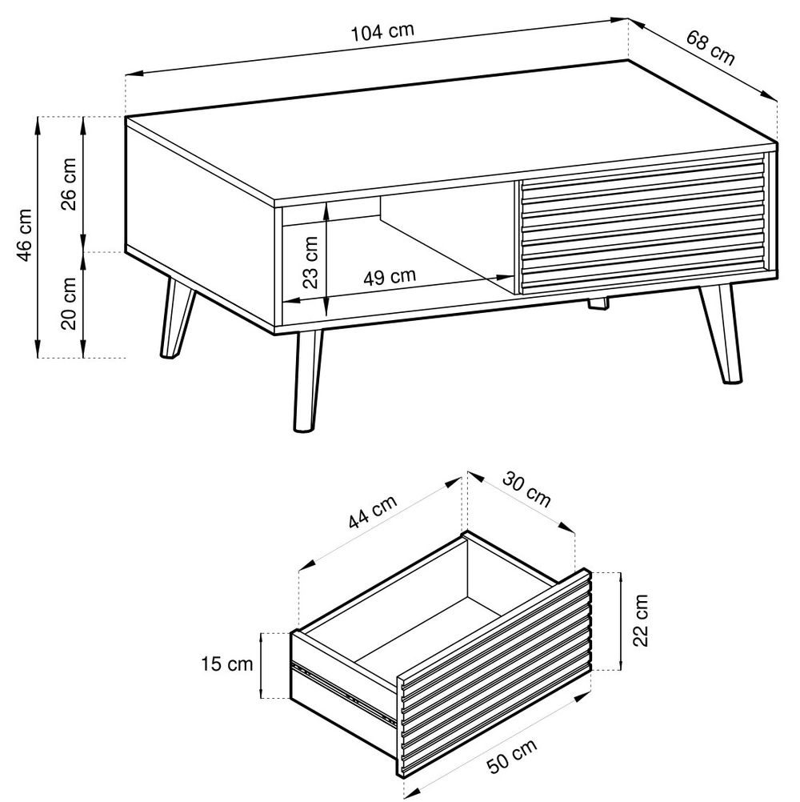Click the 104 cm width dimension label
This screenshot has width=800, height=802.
coord(382,32)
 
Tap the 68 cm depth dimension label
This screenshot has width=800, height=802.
coord(710,48)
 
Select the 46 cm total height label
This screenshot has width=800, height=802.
coord(25,235)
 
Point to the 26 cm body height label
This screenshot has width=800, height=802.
coord(68,183)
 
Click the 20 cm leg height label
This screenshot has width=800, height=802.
coord(68,303)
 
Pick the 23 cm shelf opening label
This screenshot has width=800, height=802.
coord(310,262)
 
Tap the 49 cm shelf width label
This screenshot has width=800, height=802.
coord(390,277)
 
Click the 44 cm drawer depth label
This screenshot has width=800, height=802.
coord(373,512)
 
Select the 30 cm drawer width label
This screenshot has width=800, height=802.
coord(526,490)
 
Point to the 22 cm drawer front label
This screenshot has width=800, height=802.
coord(640,620)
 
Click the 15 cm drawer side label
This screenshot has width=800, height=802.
coord(226,664)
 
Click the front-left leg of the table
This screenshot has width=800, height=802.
coord(307,381)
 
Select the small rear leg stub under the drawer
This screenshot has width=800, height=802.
coord(598,303)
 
